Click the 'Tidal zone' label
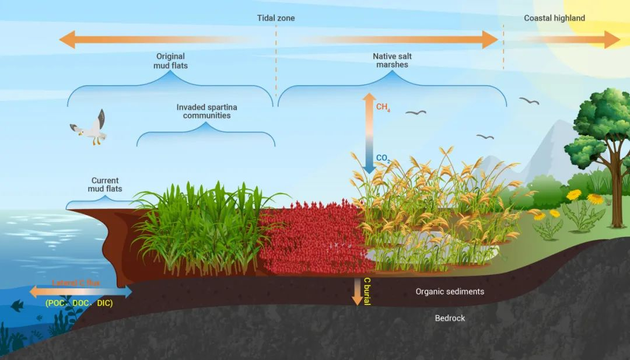[x=276, y=18]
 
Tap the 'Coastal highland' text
[x=554, y=18]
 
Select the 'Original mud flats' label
[x=170, y=61]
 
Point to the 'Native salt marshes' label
[x=392, y=61]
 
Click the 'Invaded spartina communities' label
[x=206, y=111]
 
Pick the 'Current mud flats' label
[x=105, y=185]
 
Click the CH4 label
[x=383, y=107]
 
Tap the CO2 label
[x=383, y=158]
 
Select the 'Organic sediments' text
[x=450, y=291]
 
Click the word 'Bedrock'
[x=450, y=318]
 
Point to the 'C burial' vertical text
[x=367, y=291]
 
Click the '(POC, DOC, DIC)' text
[x=79, y=303]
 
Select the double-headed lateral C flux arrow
[x=80, y=291]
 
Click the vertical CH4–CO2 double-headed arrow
[x=369, y=133]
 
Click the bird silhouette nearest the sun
[x=529, y=101]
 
